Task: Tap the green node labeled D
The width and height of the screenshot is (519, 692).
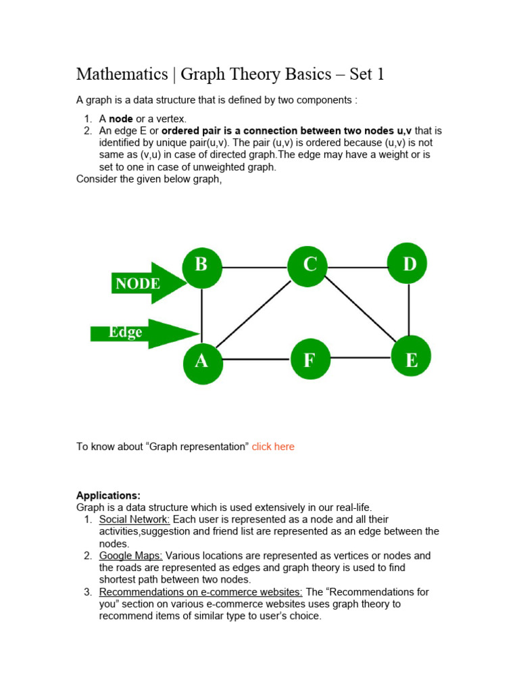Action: [408, 265]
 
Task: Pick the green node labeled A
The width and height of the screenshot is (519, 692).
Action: [201, 362]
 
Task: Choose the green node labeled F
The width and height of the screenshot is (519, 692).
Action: [310, 360]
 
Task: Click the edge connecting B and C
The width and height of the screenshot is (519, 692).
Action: [255, 268]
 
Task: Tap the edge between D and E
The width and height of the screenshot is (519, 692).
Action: [409, 310]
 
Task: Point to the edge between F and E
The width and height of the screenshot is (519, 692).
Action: [360, 358]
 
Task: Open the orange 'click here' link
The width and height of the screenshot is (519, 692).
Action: [273, 447]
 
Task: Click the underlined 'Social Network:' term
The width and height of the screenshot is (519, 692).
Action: [134, 520]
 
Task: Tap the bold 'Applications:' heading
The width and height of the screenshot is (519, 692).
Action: [108, 495]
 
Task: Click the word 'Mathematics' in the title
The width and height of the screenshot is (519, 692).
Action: [122, 74]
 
